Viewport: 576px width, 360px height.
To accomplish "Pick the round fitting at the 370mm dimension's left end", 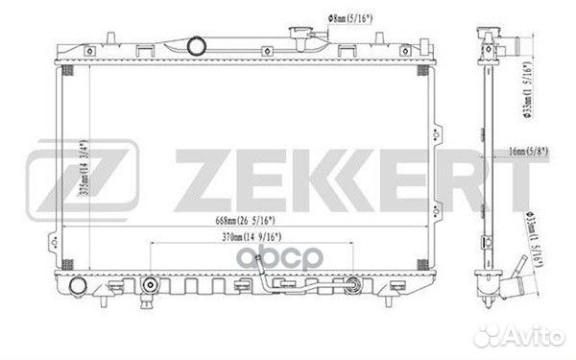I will click(x=150, y=285).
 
